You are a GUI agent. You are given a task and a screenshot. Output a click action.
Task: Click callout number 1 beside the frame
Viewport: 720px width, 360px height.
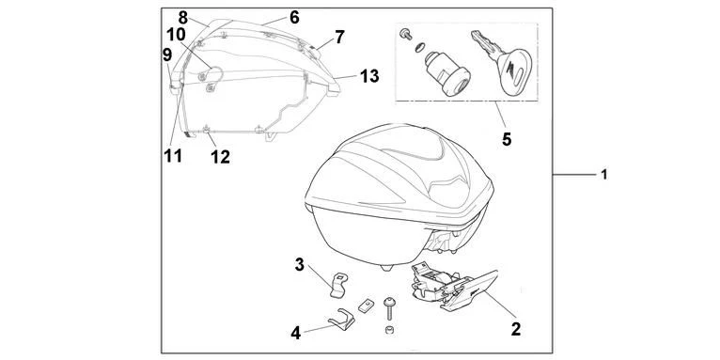[x=604, y=175]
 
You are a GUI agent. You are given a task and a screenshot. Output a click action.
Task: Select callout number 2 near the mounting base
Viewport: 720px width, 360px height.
[x=516, y=329]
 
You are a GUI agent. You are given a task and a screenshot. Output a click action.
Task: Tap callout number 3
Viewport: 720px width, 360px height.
[x=300, y=264]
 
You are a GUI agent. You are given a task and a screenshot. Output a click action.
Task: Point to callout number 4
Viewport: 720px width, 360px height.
[x=296, y=333]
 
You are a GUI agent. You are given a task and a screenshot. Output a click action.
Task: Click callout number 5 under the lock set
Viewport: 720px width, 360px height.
[x=507, y=139]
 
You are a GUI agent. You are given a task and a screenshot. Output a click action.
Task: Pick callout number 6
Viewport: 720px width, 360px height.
[x=294, y=18]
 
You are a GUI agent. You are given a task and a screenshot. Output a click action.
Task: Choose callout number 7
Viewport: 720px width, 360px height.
[x=339, y=37]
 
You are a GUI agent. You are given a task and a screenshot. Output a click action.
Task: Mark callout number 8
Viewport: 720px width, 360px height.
[x=183, y=18]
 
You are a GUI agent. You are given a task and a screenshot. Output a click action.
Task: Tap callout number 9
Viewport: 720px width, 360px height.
[x=167, y=55]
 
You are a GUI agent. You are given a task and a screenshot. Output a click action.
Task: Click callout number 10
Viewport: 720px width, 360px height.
[x=178, y=35]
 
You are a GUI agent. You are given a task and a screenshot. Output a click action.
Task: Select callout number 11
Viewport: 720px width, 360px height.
[x=173, y=156]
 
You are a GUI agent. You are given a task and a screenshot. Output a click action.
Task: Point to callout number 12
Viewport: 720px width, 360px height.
[x=220, y=157]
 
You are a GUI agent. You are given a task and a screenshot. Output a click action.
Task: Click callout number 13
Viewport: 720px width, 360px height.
[x=369, y=76]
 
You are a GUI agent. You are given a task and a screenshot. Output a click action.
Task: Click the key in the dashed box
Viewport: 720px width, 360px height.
[x=504, y=61]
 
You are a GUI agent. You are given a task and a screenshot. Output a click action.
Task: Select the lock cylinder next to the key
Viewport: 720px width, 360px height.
[x=446, y=73]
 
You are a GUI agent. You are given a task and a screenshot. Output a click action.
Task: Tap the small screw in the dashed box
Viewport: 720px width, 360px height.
[x=406, y=34]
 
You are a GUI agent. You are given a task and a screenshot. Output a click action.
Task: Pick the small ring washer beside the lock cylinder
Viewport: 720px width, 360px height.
[x=419, y=47]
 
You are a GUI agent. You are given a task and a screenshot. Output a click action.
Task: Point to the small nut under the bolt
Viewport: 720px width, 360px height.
[x=390, y=329]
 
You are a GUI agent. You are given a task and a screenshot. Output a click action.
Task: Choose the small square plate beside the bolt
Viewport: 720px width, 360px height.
[x=366, y=305]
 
